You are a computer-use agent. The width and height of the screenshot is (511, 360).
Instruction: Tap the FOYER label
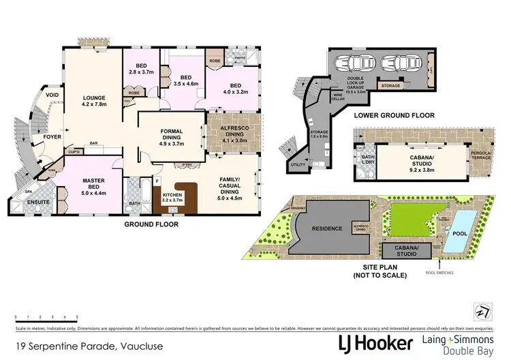(x=53, y=136)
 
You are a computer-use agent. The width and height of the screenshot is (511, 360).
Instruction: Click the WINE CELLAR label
(x=337, y=96)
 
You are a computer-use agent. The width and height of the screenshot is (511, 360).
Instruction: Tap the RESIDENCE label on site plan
(x=327, y=228)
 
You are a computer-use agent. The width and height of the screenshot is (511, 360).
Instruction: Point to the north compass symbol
(x=484, y=310)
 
